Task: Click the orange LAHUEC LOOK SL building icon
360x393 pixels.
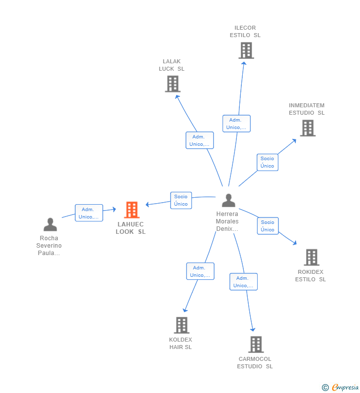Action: coord(132,210)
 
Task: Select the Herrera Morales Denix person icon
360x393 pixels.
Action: coord(228,200)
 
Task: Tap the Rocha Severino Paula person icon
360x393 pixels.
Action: coord(50,224)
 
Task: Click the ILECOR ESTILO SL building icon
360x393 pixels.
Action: coord(246,50)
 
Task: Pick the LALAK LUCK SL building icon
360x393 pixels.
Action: coord(173,84)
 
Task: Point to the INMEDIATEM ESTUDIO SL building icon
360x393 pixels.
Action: coord(308,128)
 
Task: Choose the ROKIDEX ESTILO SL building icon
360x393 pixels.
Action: coord(312,258)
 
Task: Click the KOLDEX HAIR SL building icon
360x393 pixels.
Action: coord(182,325)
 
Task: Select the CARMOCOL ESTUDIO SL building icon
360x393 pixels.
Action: coord(256,345)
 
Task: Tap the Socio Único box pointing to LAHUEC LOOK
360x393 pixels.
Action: coord(181,200)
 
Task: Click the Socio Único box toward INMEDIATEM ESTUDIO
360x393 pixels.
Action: coord(268,162)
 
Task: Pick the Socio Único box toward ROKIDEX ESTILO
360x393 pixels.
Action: coord(268,226)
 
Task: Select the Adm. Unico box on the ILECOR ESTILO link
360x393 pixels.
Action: coord(236,124)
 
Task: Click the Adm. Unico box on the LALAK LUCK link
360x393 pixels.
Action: coord(200,140)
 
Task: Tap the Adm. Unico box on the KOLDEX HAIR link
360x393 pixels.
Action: coord(200,271)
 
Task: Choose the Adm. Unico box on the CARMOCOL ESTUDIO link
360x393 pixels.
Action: coord(243,282)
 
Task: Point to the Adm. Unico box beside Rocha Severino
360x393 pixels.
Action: coord(89,213)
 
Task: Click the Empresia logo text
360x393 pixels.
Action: coord(345,387)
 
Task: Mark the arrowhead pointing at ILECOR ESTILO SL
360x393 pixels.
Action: coord(244,63)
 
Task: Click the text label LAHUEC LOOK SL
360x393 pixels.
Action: coord(131,228)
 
